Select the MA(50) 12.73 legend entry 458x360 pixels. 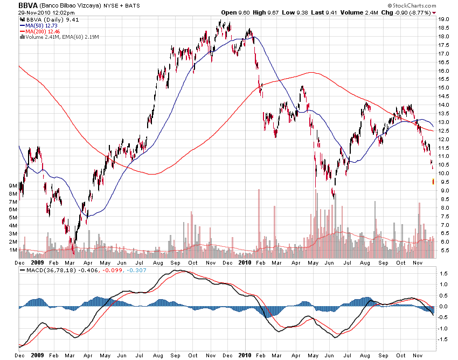point(41,25)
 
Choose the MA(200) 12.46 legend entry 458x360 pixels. point(43,31)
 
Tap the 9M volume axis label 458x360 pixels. point(11,185)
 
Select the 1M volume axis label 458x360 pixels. point(11,250)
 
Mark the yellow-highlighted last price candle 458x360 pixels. point(433,182)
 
